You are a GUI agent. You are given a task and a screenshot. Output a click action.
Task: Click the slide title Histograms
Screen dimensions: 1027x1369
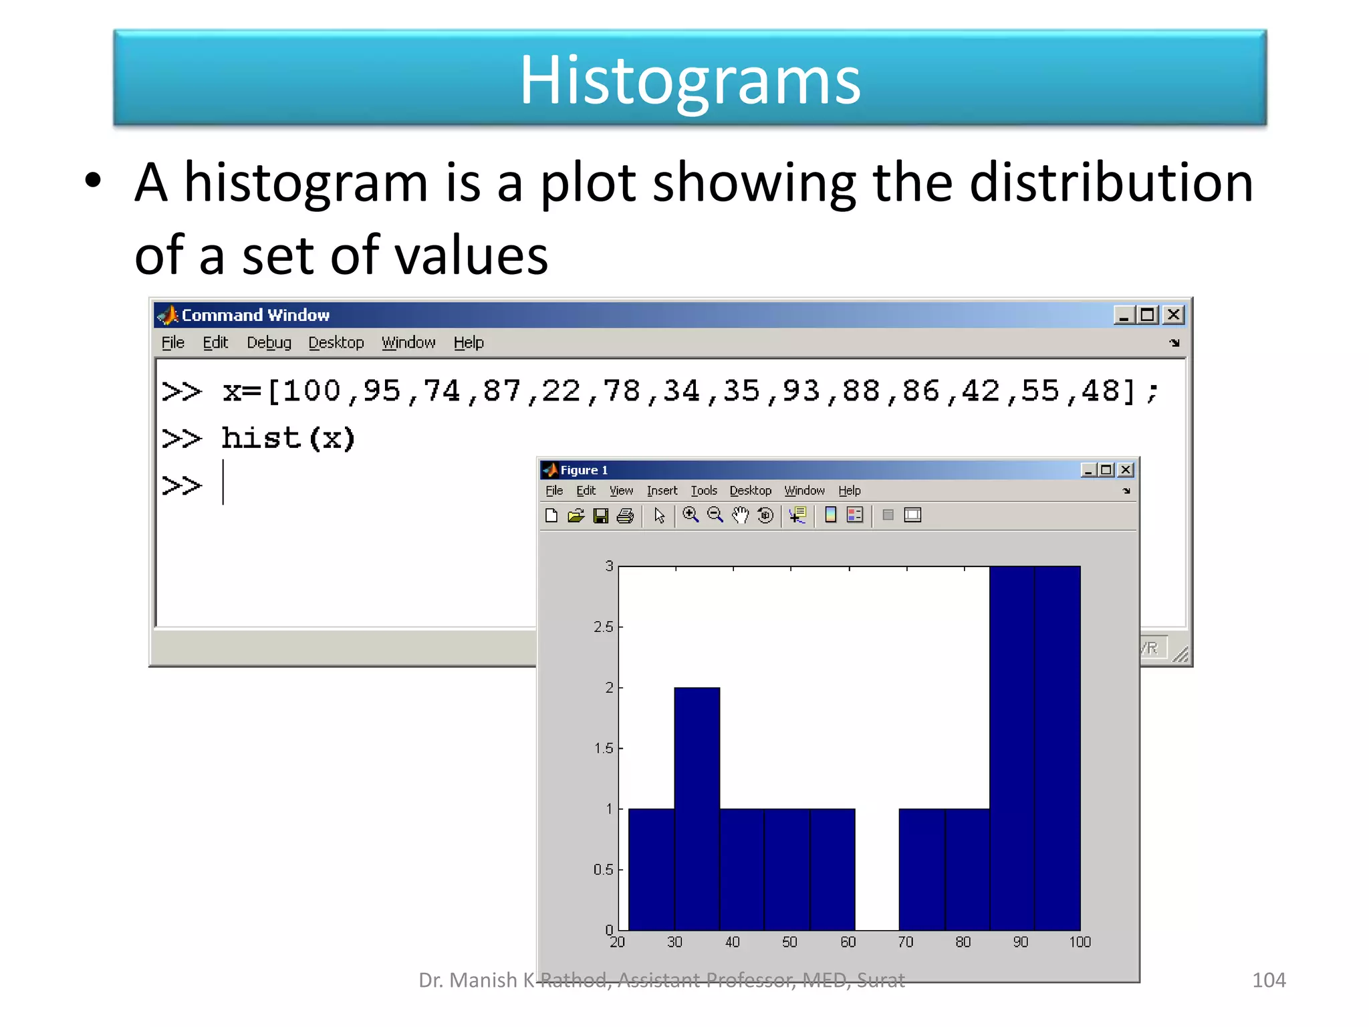click(690, 80)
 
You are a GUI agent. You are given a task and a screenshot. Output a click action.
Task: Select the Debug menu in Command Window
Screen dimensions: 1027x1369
click(269, 342)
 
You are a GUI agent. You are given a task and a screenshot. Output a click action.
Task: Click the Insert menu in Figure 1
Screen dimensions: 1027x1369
click(662, 491)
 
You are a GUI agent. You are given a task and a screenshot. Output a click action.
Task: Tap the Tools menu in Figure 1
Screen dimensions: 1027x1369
click(703, 491)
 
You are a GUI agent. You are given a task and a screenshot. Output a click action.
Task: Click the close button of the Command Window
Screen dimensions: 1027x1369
click(1173, 315)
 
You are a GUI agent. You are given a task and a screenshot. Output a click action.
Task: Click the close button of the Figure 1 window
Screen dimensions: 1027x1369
click(1126, 470)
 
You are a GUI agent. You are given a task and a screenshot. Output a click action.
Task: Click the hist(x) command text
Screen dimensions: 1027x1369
click(288, 439)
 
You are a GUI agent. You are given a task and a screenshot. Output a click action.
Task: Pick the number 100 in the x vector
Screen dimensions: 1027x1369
click(312, 391)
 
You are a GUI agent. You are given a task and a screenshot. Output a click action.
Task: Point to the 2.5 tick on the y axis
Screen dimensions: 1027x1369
click(603, 627)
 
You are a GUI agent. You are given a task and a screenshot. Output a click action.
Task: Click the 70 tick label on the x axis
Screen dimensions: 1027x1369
click(905, 942)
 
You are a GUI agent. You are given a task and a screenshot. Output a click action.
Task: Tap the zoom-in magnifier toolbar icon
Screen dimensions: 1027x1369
click(691, 515)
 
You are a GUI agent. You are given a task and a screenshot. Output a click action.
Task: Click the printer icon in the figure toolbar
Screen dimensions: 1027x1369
click(625, 516)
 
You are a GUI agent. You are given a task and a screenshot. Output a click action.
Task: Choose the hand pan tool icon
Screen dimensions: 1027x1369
click(740, 515)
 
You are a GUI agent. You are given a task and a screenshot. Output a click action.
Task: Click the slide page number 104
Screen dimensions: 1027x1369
click(1268, 980)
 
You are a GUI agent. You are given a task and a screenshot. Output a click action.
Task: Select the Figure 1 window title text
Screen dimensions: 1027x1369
click(584, 470)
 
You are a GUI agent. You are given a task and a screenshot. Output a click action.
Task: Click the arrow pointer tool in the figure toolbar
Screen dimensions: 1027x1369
click(659, 516)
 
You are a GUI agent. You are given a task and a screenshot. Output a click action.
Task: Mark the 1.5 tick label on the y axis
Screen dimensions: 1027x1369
click(603, 748)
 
